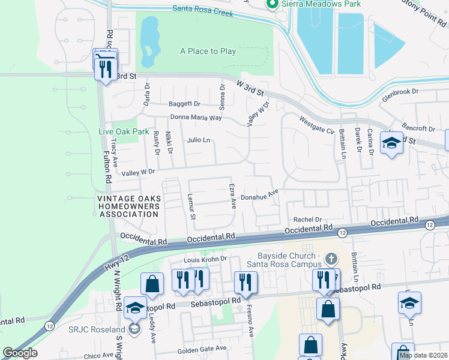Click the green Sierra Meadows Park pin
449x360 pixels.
tap(271, 5)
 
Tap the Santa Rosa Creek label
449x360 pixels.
tap(202, 8)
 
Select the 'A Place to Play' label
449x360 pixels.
tap(208, 52)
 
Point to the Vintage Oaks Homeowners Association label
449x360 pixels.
tap(129, 206)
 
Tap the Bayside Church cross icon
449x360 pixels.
tap(331, 259)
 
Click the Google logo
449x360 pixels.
tap(20, 353)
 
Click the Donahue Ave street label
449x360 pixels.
tap(260, 196)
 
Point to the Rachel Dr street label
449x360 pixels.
tap(308, 220)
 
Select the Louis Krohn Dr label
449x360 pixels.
tap(205, 259)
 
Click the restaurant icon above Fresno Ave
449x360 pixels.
tap(245, 281)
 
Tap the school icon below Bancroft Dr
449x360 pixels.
tap(391, 144)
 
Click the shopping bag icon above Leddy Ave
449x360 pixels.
tap(152, 283)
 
